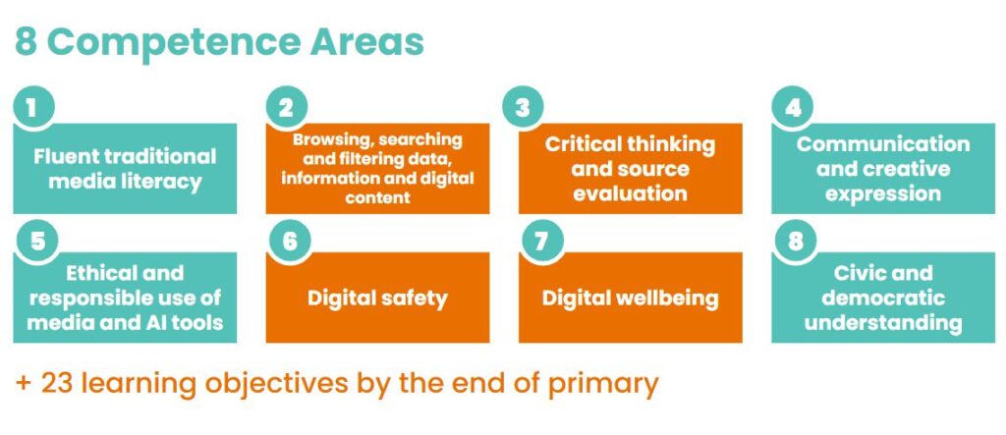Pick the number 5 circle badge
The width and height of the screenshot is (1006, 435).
37,242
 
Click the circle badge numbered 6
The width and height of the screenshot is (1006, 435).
290,242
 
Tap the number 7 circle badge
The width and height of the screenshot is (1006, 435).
542,242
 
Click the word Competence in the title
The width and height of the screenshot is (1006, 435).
174,43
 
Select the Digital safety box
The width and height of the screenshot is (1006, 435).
378,298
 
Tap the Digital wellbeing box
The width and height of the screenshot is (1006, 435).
631,298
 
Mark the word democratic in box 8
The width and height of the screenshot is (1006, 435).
883,298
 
